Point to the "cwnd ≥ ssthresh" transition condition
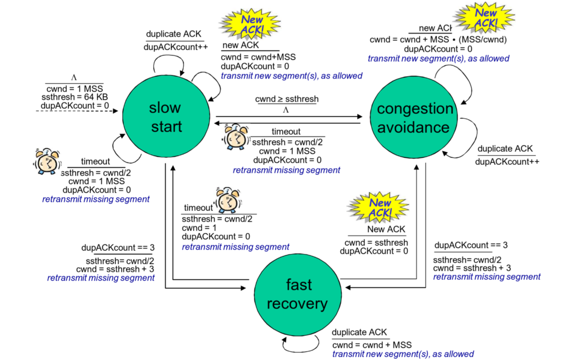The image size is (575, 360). coord(287,99)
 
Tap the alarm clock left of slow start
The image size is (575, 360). coord(46,160)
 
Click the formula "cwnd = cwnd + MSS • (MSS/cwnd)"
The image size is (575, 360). coord(438,40)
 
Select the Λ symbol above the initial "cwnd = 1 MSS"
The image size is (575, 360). coord(74,78)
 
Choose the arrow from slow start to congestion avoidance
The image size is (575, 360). coord(289,116)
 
